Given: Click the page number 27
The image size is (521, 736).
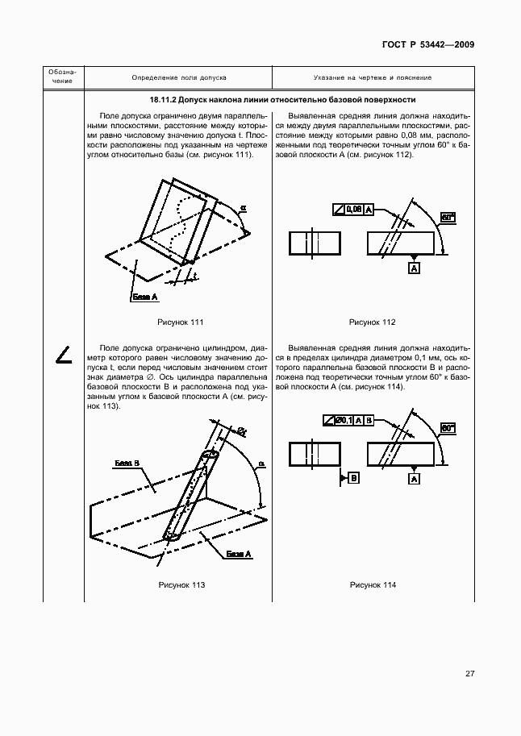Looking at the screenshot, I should tap(469, 674).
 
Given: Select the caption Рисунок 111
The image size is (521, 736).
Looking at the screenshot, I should tap(181, 322).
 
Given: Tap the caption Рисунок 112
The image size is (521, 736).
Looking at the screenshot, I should tap(372, 322).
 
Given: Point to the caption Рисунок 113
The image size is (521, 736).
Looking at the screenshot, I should tap(181, 584).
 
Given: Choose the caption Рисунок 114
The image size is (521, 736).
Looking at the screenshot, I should tap(372, 584).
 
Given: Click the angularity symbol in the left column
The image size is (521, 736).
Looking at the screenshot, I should tap(64, 353).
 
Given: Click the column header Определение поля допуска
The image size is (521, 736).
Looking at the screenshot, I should tap(178, 78).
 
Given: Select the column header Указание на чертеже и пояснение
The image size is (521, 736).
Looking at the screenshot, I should tap(372, 78).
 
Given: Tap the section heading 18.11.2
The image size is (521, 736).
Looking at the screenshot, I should tap(282, 101).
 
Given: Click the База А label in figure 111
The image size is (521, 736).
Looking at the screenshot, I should tap(144, 297).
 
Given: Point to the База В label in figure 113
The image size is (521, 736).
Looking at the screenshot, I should tap(127, 464).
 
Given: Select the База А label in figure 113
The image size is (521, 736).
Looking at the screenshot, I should tap(239, 554).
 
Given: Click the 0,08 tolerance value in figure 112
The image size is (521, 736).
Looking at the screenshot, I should tap(353, 210).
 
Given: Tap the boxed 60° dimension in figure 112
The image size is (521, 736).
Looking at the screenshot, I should tap(448, 217).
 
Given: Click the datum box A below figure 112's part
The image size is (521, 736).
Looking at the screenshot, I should tap(414, 268).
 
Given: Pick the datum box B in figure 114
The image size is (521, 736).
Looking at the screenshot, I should tap(354, 478).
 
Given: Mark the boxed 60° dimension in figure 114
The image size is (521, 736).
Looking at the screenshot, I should tap(448, 430).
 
